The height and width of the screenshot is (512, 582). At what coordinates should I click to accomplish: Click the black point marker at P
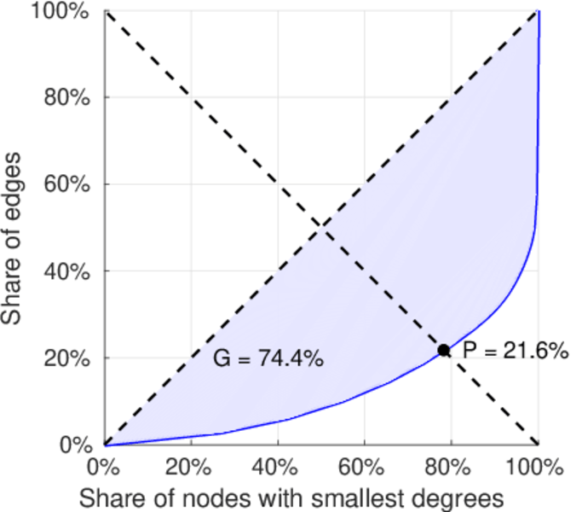click(444, 350)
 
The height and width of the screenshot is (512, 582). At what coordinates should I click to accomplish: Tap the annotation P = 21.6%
click(515, 350)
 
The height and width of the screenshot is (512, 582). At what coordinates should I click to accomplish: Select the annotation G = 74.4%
click(268, 359)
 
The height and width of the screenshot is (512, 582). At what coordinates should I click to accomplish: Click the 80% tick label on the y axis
click(69, 97)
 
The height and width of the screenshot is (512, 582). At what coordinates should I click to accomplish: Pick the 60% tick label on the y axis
click(69, 184)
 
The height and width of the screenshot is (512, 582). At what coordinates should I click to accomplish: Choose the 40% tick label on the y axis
click(69, 271)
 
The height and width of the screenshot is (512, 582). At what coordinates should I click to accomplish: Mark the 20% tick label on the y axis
click(69, 358)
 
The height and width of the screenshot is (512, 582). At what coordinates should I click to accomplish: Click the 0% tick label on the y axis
click(74, 445)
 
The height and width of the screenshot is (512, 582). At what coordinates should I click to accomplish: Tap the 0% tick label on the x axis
click(104, 468)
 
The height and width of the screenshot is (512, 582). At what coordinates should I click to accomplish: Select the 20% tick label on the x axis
click(191, 468)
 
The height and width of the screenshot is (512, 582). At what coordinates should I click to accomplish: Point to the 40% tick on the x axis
click(277, 468)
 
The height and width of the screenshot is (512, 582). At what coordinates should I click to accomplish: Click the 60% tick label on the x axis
click(364, 468)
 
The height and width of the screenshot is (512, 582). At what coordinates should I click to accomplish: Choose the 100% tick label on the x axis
click(537, 468)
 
